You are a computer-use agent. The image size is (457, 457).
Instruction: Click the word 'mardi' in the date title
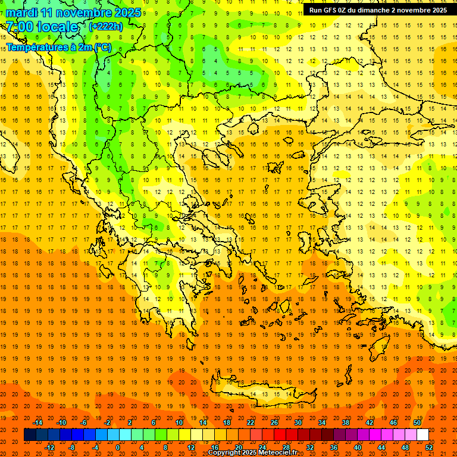[x=20, y=12]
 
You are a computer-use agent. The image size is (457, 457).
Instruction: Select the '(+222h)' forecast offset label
[x=105, y=27]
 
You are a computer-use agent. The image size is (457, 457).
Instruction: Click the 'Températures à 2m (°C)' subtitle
[x=59, y=47]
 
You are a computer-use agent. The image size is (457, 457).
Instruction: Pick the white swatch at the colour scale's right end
[x=422, y=435]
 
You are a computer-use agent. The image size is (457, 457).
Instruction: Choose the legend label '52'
[x=429, y=447]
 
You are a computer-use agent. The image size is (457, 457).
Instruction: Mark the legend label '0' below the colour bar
[x=118, y=447]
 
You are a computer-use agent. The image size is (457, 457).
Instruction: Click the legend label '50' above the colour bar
[x=417, y=422]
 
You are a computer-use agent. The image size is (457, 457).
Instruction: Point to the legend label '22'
[x=250, y=422]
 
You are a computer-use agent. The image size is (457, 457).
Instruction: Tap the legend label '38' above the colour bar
[x=345, y=422]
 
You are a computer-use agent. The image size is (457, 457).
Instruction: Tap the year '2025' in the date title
[x=126, y=12]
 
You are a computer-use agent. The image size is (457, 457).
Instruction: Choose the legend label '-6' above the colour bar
[x=84, y=422]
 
